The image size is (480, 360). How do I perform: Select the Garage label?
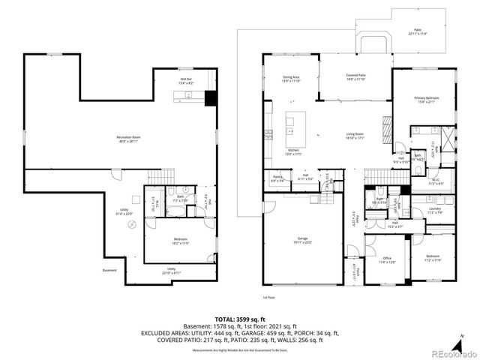click(301, 240)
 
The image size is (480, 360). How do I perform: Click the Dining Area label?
click(291, 79)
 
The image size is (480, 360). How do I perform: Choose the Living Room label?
click(355, 136)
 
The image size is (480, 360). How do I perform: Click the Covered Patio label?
click(355, 77)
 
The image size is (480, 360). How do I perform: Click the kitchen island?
click(292, 123)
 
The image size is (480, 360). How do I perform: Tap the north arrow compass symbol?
click(461, 338)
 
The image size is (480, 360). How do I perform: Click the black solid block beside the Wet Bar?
click(210, 97)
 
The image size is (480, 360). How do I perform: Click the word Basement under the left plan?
click(110, 271)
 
